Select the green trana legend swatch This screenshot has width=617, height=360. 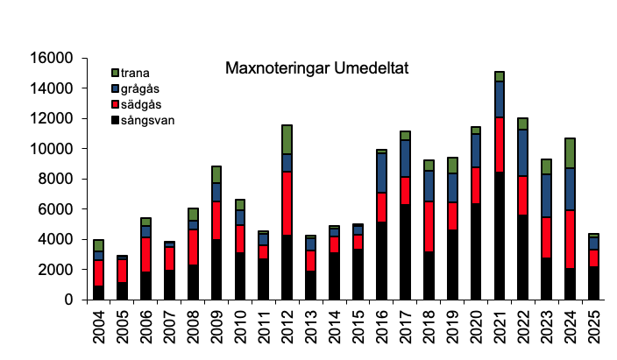point(115,74)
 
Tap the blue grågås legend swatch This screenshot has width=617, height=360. point(115,88)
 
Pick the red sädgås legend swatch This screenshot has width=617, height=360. point(115,104)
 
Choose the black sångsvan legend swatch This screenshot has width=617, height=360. point(115,120)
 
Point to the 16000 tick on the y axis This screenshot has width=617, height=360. point(52,59)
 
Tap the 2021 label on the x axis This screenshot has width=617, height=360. point(499,329)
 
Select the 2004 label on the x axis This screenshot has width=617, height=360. point(99,329)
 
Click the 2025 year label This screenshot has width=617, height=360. point(593,329)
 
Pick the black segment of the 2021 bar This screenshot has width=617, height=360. point(499,236)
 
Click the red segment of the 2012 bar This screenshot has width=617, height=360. point(287,203)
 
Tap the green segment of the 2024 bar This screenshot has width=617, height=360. point(570,153)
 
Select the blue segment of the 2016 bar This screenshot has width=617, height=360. point(381,173)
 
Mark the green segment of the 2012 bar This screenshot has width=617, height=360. point(287,139)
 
